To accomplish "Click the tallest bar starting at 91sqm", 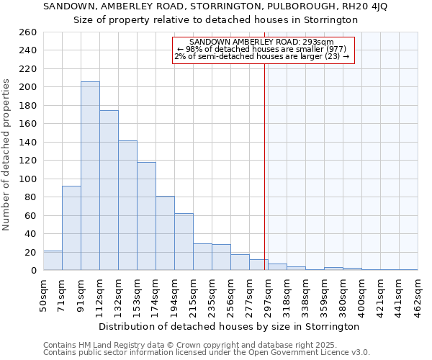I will pos(90,176).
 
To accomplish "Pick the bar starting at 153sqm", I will pos(146,216).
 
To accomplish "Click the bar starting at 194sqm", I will pos(184,242).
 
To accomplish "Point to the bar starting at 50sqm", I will pos(53,261).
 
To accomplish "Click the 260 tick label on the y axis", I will pos(28,32).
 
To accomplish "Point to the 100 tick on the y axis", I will pos(28,179).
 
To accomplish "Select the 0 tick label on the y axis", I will pos(33,271).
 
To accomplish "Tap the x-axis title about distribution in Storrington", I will pos(230,326).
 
